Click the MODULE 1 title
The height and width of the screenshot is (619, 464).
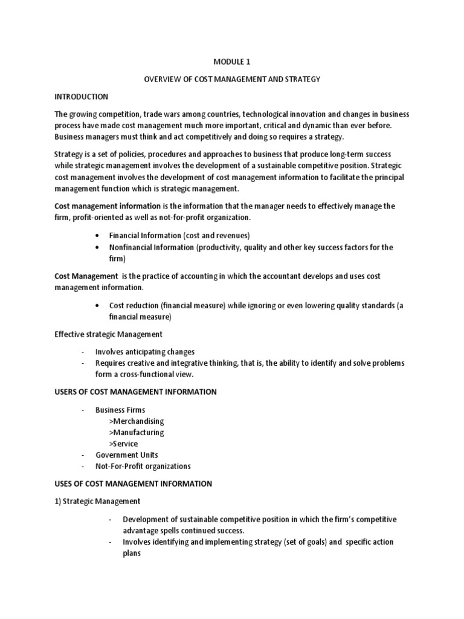[231, 60]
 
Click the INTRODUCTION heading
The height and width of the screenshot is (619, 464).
[81, 96]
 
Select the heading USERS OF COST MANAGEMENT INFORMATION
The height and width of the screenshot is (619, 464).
[135, 392]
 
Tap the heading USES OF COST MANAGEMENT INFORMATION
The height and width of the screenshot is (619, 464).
[133, 484]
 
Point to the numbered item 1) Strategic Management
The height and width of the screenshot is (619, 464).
[97, 501]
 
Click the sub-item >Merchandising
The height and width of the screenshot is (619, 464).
[137, 421]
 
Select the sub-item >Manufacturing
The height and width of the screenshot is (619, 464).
[137, 432]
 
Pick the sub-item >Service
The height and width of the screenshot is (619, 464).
[124, 444]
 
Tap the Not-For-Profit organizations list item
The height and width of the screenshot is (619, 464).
[143, 466]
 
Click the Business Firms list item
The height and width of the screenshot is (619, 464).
[120, 410]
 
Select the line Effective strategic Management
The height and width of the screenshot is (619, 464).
[108, 334]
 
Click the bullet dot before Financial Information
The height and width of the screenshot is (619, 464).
[97, 236]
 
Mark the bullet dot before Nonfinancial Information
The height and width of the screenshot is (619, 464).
[97, 247]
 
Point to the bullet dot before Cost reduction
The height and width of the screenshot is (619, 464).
[97, 306]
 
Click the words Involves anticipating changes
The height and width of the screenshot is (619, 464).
[145, 352]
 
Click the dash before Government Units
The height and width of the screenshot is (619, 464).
[83, 455]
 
